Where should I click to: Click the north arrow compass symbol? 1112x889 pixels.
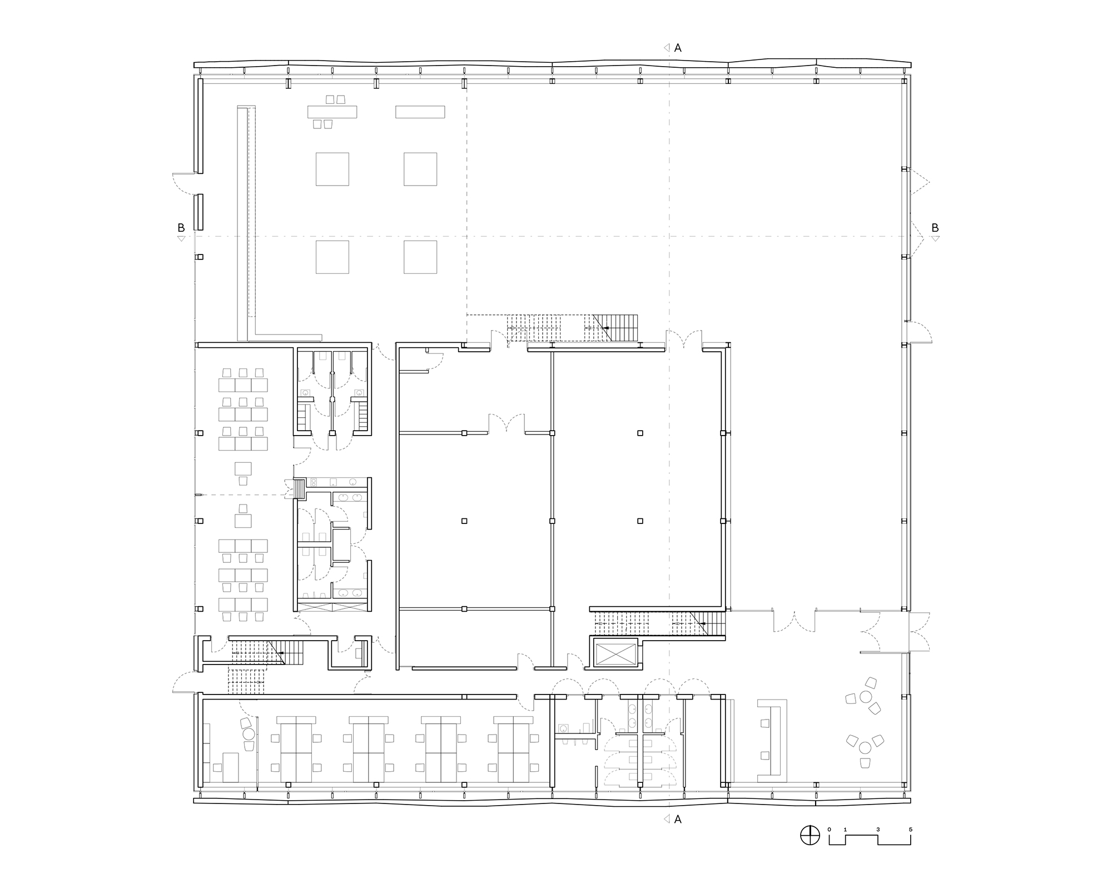click(810, 850)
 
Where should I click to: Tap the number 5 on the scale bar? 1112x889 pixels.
click(910, 845)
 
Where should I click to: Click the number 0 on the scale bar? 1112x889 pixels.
click(829, 845)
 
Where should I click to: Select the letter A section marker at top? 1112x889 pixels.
click(678, 48)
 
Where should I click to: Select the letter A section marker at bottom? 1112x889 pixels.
click(678, 820)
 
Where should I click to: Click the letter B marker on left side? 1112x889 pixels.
click(181, 228)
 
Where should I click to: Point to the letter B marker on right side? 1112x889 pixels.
click(935, 228)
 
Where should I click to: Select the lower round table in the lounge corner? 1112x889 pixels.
click(865, 747)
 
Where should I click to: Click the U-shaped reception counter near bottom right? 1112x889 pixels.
click(773, 738)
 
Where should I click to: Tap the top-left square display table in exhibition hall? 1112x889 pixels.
click(332, 169)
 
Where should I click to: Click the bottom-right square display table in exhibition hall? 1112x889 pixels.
click(420, 257)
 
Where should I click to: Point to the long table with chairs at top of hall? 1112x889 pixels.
click(332, 112)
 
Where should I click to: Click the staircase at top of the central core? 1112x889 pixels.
click(573, 328)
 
